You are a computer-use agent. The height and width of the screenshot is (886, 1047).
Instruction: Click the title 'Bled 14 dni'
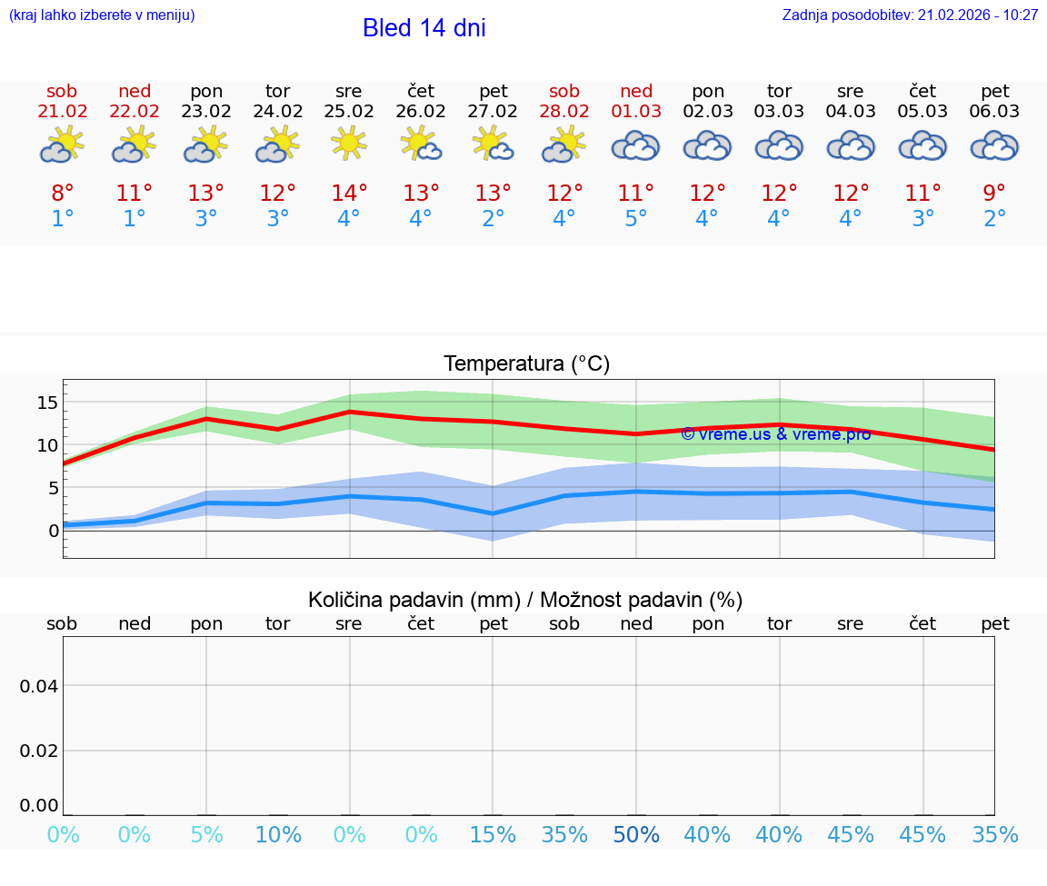424,28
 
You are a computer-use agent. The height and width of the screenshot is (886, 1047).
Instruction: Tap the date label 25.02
349,112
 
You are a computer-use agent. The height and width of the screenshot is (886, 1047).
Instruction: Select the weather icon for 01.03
635,145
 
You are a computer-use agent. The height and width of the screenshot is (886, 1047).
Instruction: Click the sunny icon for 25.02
349,144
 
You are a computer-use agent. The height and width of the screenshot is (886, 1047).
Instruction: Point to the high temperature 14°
349,193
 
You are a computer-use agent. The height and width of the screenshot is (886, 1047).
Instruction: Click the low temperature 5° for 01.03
635,219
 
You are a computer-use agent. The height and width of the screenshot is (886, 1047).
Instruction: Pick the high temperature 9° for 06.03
994,193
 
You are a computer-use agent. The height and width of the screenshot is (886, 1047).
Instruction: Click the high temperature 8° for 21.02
62,193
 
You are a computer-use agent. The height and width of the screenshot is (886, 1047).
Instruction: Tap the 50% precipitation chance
636,835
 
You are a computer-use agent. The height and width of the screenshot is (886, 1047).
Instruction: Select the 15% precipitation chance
493,835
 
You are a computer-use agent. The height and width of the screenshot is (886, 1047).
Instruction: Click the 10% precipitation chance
278,835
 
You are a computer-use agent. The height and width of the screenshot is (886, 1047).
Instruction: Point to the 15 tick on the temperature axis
47,403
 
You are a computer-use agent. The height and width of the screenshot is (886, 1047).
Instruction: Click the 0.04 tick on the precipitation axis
40,686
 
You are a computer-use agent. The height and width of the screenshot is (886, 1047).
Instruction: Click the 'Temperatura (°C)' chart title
526,364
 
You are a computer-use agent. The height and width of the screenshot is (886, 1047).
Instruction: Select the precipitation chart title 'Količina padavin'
525,600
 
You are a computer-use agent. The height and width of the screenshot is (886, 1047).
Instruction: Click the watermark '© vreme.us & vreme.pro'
775,434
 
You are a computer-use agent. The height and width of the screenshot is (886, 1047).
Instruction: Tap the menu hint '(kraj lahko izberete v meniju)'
102,15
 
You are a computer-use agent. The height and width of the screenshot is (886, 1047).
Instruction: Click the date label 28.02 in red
564,112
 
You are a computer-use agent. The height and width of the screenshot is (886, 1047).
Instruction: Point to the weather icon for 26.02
421,144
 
